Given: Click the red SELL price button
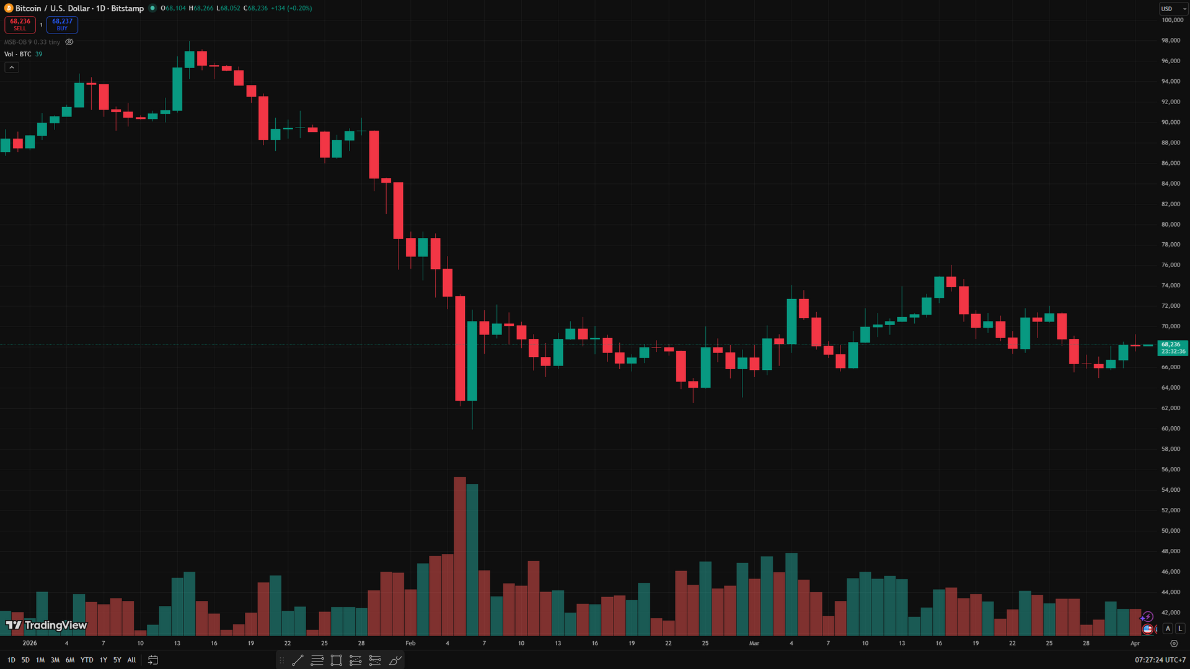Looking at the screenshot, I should click(20, 24).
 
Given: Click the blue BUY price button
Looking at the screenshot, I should click(62, 24).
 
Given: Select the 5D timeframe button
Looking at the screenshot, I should click(25, 660).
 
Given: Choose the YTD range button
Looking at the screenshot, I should click(87, 660).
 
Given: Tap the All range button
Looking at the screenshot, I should click(131, 660).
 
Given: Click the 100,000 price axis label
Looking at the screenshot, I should click(1171, 20).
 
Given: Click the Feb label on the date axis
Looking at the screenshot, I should click(410, 644).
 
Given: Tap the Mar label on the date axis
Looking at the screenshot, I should click(754, 644).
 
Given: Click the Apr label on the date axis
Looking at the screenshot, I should click(1135, 644).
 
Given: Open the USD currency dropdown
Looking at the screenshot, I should click(1173, 9).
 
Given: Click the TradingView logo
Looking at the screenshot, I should click(46, 625).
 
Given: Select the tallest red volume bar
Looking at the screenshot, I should click(460, 556).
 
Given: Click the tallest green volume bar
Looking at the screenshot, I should click(472, 560).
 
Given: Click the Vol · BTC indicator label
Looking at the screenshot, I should click(18, 55).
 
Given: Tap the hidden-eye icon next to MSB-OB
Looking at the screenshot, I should click(69, 42).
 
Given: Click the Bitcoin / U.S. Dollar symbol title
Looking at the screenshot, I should click(79, 9).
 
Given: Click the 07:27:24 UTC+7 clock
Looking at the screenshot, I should click(1160, 660).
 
